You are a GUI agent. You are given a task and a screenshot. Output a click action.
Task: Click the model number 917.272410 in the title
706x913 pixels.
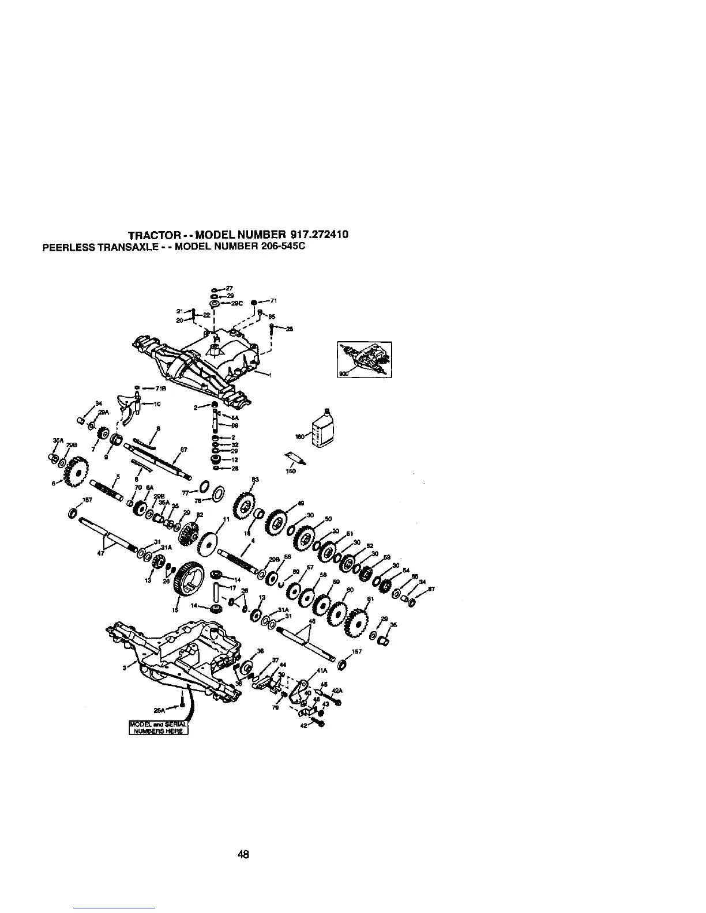pyautogui.click(x=320, y=235)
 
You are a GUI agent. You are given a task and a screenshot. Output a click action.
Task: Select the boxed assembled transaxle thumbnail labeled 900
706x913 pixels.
pyautogui.click(x=364, y=360)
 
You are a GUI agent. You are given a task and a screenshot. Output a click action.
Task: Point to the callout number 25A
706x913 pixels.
pyautogui.click(x=160, y=710)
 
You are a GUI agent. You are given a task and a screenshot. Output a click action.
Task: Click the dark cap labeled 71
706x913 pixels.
pyautogui.click(x=254, y=301)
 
